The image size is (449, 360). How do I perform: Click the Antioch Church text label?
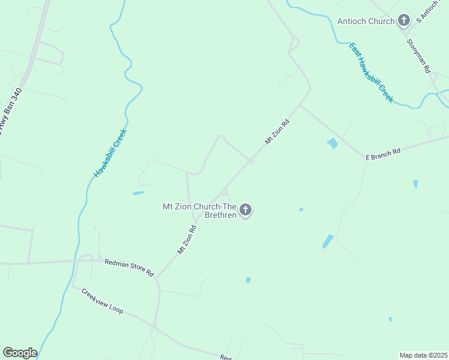coord(366,21)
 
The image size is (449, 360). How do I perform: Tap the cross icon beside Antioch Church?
coord(404,21)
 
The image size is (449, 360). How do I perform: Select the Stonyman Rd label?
coord(419,56)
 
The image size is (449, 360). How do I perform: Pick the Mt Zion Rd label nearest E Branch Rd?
coord(277,132)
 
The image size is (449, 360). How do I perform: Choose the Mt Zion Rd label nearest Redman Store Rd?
coord(187,240)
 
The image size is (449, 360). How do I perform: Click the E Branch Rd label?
coord(383,154)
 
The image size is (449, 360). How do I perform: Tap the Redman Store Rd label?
coord(129,268)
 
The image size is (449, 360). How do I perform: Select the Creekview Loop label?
coord(102,301)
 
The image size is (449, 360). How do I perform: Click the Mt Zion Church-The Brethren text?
coord(199,211)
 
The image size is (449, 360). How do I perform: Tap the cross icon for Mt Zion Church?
coord(245,210)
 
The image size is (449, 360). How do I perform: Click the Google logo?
coord(20,353)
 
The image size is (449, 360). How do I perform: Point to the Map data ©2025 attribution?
coord(423,355)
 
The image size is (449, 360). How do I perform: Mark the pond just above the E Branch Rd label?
coord(332,143)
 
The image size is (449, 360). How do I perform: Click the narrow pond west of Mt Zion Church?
coord(138,193)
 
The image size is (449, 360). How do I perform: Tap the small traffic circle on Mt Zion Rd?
coord(250,161)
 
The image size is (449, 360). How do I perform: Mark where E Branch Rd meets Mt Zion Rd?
coord(300,106)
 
